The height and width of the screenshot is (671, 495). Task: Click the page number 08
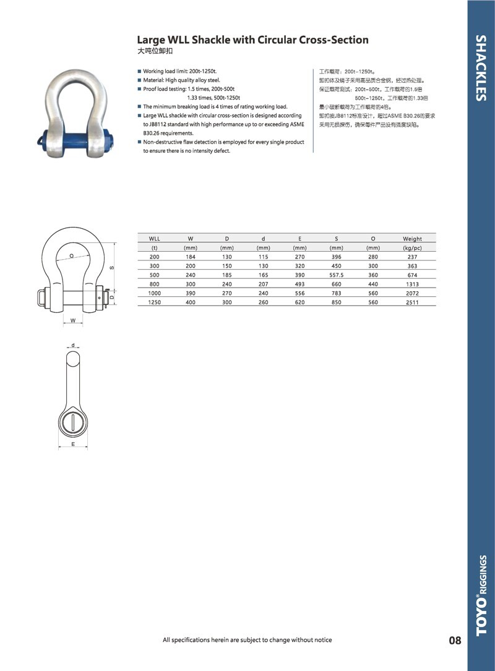click(x=455, y=640)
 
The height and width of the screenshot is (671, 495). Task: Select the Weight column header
click(x=412, y=239)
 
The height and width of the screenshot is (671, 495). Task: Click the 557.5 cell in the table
click(x=337, y=275)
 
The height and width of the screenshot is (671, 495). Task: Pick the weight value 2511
click(x=412, y=302)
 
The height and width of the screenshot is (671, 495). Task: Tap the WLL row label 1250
click(x=154, y=302)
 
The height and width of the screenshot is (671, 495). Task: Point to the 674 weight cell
click(x=412, y=275)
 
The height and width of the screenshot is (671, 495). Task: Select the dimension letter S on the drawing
click(x=111, y=268)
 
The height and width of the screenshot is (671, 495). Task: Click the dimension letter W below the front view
click(x=73, y=320)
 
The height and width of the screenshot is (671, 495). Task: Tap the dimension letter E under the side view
click(x=72, y=445)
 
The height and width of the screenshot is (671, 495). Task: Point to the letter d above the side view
click(x=72, y=345)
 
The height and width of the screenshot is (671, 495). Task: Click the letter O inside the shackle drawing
click(x=72, y=255)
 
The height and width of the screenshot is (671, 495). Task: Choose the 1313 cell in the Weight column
click(x=412, y=284)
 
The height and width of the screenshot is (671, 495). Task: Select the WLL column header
click(x=154, y=239)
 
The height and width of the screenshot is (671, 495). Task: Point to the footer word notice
click(x=319, y=640)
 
